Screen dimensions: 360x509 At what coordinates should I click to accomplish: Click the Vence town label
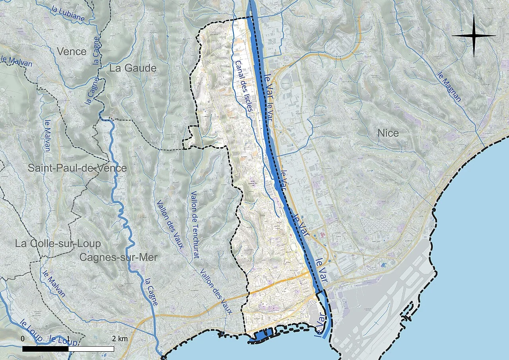pos(72,51)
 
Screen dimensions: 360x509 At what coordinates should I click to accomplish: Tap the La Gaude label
pos(133,68)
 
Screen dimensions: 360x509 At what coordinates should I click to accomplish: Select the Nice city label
pos(388,133)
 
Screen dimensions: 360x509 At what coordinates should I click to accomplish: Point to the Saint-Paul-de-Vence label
pos(77,168)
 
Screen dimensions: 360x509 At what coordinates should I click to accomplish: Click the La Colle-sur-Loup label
pos(58,243)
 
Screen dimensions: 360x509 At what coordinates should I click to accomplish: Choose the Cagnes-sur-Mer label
pos(119,257)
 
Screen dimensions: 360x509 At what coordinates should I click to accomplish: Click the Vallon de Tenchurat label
pos(195,225)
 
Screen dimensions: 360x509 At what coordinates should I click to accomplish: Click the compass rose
pos(474,35)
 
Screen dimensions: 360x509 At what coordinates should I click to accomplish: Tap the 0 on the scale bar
pos(22,339)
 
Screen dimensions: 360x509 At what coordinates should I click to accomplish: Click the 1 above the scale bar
pos(68,339)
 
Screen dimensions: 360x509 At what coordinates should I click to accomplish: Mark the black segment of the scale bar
pos(45,349)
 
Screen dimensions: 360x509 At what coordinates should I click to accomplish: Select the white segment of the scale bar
pos(91,349)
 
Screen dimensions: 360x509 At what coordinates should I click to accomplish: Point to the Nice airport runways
pos(382,302)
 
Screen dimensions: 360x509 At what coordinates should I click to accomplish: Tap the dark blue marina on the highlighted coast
pos(261,336)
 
